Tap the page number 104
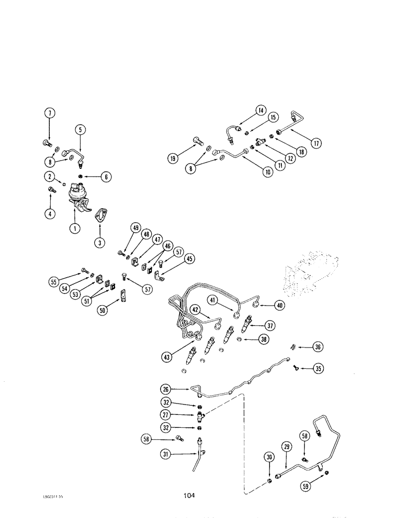188,496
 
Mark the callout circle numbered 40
280,306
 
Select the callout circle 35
318,369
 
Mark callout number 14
260,110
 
